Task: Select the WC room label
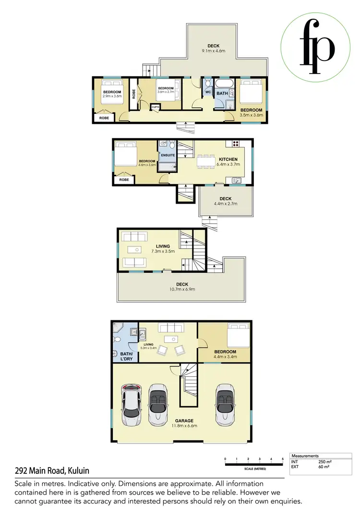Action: [208, 92]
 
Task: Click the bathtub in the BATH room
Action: [224, 82]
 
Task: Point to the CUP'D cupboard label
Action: [155, 107]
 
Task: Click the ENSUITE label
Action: [168, 155]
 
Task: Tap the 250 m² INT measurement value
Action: [325, 461]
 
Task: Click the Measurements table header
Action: [306, 456]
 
